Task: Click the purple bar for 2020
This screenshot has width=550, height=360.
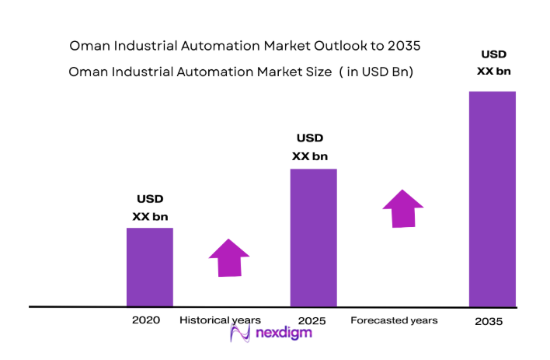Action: pos(150,267)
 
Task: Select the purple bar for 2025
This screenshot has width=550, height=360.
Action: pos(313,237)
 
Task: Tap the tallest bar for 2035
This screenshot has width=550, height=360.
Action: pos(493,199)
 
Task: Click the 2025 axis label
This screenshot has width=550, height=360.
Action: pos(313,320)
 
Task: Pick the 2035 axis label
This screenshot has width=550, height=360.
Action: pos(489,321)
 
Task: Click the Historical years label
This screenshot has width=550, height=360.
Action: pos(220,320)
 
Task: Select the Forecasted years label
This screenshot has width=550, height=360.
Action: pos(394,320)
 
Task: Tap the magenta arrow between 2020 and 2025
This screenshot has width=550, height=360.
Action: pos(229,257)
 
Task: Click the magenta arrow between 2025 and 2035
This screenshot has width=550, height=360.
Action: pos(402,208)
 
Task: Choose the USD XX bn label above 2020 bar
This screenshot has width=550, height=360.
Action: pos(150,208)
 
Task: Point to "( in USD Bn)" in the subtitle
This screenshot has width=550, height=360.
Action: pos(371,72)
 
